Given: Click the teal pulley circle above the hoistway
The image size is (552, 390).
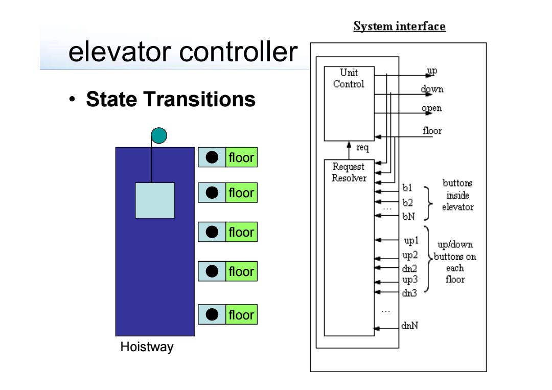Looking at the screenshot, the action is coord(159,135).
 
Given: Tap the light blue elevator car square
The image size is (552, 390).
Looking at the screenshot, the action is coord(155,200).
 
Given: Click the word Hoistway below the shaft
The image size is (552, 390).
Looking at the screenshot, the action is coord(147,347).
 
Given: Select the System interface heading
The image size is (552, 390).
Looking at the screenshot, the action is coord(400,27).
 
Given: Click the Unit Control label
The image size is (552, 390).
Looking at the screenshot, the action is coord(349,78).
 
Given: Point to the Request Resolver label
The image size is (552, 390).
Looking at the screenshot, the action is coord(349,172).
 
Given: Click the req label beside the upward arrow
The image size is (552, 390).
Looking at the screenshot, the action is coord(362,148).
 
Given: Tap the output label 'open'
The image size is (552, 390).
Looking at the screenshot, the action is coord(431,108).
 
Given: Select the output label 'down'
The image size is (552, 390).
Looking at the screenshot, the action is coord(432,89).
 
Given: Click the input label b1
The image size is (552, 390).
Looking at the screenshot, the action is coord(407,188).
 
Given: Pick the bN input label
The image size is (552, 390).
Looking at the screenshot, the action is coord(409,217).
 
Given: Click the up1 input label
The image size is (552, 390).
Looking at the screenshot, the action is coord(411,241).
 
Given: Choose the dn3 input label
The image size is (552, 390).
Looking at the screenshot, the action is coord(409,293).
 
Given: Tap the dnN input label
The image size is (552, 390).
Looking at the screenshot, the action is coord(410,326).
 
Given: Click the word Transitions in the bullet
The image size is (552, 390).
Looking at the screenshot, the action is coord(200,99).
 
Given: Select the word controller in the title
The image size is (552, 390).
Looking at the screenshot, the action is coord(239,52).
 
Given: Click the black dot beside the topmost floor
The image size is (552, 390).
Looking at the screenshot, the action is coord(212,157).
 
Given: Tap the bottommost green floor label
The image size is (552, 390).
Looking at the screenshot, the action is coord(241,314).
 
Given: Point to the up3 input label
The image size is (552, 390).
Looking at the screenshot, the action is coord(410,280).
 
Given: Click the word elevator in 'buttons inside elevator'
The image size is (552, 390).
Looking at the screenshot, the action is coord(457,207).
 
